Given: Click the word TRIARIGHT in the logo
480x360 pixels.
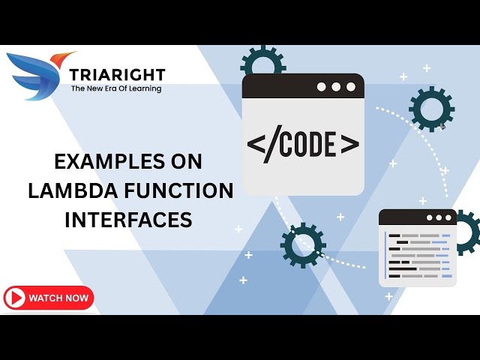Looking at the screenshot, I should pyautogui.click(x=116, y=74).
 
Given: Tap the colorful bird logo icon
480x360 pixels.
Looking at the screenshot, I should pyautogui.click(x=39, y=75).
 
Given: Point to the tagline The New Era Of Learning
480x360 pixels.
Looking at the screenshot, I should pyautogui.click(x=115, y=88).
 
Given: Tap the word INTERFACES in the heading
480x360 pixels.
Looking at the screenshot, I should pyautogui.click(x=128, y=220).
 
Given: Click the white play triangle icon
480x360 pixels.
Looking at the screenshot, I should pyautogui.click(x=15, y=298).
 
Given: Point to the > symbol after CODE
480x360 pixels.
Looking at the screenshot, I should pyautogui.click(x=349, y=144).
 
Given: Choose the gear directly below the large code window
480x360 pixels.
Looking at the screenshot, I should pyautogui.click(x=302, y=244).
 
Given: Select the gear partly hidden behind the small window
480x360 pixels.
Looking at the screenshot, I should pyautogui.click(x=466, y=232).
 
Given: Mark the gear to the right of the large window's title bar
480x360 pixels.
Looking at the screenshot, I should pyautogui.click(x=431, y=109).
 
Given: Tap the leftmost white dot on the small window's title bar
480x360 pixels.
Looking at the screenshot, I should pyautogui.click(x=430, y=218).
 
